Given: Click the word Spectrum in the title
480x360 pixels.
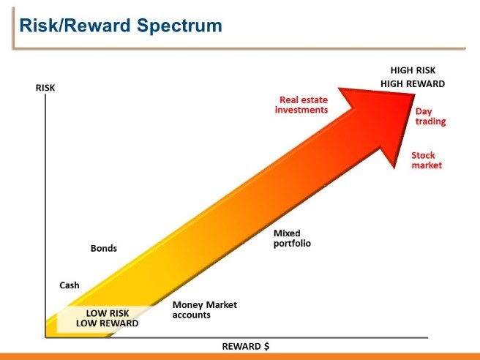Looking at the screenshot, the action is [179, 26].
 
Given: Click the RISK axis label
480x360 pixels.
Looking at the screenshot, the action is [45, 88].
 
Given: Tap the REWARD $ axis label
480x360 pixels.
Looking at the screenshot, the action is [246, 347].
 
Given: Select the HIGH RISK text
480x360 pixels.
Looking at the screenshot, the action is [413, 70].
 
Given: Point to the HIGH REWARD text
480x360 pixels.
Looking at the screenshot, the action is [413, 84].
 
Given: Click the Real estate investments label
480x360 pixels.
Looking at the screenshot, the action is [301, 105].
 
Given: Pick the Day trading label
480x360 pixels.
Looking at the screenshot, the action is [430, 116].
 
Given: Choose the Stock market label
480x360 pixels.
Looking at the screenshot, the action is [427, 160].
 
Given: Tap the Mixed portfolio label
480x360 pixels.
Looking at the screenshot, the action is [292, 239].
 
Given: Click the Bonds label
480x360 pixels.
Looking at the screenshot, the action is [104, 248].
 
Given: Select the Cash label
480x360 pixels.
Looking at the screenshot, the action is [70, 285].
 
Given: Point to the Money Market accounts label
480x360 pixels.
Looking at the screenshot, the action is [205, 310].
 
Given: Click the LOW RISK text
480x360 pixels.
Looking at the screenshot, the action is [108, 313].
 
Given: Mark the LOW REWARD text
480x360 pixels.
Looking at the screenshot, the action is [107, 323].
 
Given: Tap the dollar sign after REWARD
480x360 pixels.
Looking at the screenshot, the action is [267, 347].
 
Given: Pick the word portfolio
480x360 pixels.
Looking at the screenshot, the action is [292, 244].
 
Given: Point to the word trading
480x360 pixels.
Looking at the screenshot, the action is [430, 121].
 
